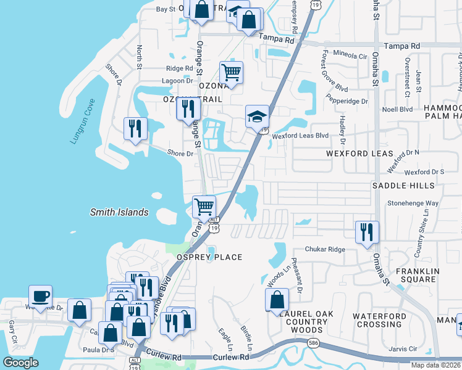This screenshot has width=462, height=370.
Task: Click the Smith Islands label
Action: [119, 212]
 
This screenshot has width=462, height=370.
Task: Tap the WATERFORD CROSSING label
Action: [379, 321]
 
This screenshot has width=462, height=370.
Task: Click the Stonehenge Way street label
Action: [413, 203]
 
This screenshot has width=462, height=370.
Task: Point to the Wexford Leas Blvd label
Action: [301, 135]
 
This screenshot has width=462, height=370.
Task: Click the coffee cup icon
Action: [40, 295]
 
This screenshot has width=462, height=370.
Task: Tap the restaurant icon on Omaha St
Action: [367, 232]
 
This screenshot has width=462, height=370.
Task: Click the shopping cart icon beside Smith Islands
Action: [204, 207]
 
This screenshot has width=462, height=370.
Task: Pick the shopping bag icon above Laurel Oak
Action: [277, 300]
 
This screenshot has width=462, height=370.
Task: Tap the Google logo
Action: [21, 363]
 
